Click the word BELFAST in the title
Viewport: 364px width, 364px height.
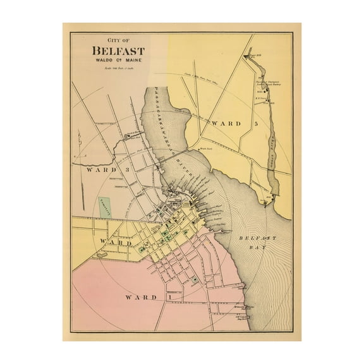pos(118,51)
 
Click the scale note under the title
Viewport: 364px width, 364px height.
pos(118,68)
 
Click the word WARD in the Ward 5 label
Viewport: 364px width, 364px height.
pos(226,123)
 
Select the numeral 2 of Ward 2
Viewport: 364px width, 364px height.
pos(146,243)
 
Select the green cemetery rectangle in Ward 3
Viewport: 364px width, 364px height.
pos(104,207)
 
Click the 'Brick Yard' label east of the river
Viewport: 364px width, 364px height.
pos(203,149)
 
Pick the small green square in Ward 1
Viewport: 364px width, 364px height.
pos(195,279)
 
